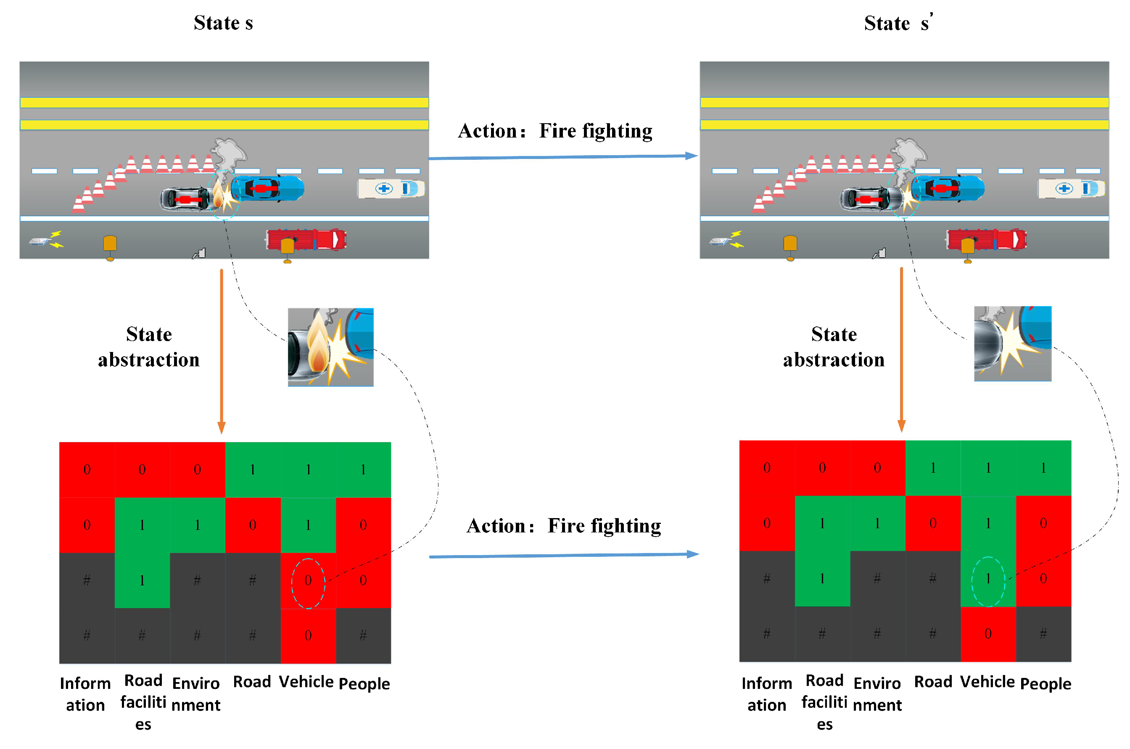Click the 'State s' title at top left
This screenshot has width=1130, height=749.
(x=223, y=23)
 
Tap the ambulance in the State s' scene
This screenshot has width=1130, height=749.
(x=1071, y=188)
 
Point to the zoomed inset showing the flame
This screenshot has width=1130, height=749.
(x=330, y=347)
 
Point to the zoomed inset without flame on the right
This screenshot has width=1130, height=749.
(x=1013, y=344)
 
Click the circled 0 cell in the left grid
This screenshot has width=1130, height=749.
(x=308, y=580)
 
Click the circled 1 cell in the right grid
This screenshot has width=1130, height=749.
(x=988, y=579)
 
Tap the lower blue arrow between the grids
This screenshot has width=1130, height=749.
(x=563, y=555)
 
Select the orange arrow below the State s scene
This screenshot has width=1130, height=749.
(x=222, y=351)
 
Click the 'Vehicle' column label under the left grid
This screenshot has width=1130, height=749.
(x=306, y=682)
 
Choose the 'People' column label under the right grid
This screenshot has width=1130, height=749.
(x=1046, y=683)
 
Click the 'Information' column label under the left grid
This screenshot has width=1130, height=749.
(x=85, y=694)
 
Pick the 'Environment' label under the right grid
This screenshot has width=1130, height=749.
(x=877, y=694)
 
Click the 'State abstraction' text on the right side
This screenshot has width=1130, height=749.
(x=834, y=347)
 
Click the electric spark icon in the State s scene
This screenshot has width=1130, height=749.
(x=47, y=239)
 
